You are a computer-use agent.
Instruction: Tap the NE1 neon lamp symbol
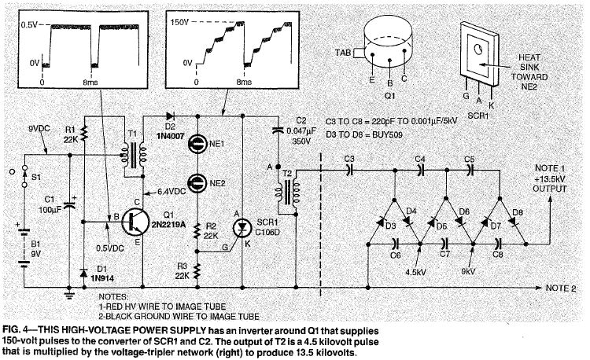197,143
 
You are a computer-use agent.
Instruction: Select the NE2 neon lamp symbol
197,183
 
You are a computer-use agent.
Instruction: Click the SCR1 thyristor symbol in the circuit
242,228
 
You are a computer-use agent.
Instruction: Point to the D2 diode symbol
170,116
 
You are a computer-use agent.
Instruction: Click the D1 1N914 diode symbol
84,273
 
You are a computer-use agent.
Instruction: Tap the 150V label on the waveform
179,23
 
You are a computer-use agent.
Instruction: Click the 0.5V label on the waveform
29,26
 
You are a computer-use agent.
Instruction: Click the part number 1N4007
170,136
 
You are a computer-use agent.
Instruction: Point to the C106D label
267,232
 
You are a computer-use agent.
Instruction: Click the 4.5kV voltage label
416,272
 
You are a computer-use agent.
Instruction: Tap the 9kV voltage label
468,271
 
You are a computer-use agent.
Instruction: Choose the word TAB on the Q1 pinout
343,53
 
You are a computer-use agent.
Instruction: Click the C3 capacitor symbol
349,171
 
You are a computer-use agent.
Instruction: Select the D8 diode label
518,213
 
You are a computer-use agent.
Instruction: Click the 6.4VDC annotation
171,192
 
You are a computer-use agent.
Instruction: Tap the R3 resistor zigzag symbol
197,270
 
